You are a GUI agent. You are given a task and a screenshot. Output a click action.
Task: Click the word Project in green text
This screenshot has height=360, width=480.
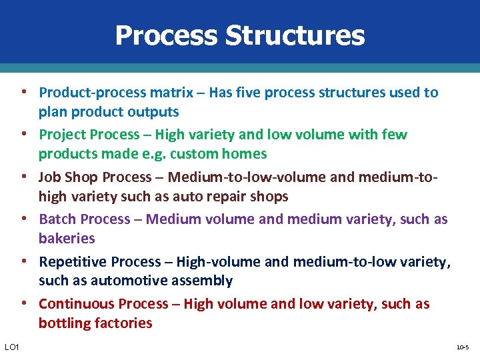(63, 135)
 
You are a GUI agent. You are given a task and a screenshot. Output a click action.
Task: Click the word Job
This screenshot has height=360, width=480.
(50, 177)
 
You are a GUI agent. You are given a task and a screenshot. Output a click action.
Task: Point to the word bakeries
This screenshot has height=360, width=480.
(67, 239)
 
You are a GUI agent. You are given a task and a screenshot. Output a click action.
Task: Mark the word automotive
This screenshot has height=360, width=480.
(117, 281)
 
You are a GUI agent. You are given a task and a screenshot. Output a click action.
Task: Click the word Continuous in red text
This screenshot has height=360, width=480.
(76, 304)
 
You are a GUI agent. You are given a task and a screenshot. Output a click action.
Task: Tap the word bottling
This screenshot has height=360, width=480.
(65, 323)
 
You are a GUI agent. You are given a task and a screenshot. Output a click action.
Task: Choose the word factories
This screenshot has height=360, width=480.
(123, 323)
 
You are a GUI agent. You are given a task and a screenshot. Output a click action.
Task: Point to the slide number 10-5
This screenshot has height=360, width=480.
(462, 348)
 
